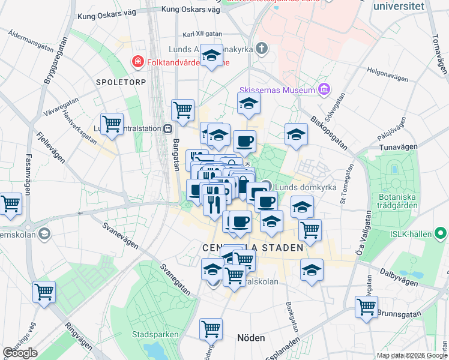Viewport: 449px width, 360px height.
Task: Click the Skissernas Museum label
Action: point(277,90)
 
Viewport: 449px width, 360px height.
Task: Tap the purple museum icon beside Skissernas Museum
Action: point(324,90)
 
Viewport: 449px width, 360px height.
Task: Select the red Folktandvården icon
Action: point(137,61)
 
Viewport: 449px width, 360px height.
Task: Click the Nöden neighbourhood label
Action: point(251,338)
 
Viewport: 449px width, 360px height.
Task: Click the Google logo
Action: point(20,353)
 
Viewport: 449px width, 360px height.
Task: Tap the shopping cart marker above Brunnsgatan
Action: point(366,306)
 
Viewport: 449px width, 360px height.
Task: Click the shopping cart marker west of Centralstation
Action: point(112,123)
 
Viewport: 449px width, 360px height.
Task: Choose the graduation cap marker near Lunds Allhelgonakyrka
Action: point(211,56)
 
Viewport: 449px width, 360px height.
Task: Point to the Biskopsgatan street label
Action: point(332,131)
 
